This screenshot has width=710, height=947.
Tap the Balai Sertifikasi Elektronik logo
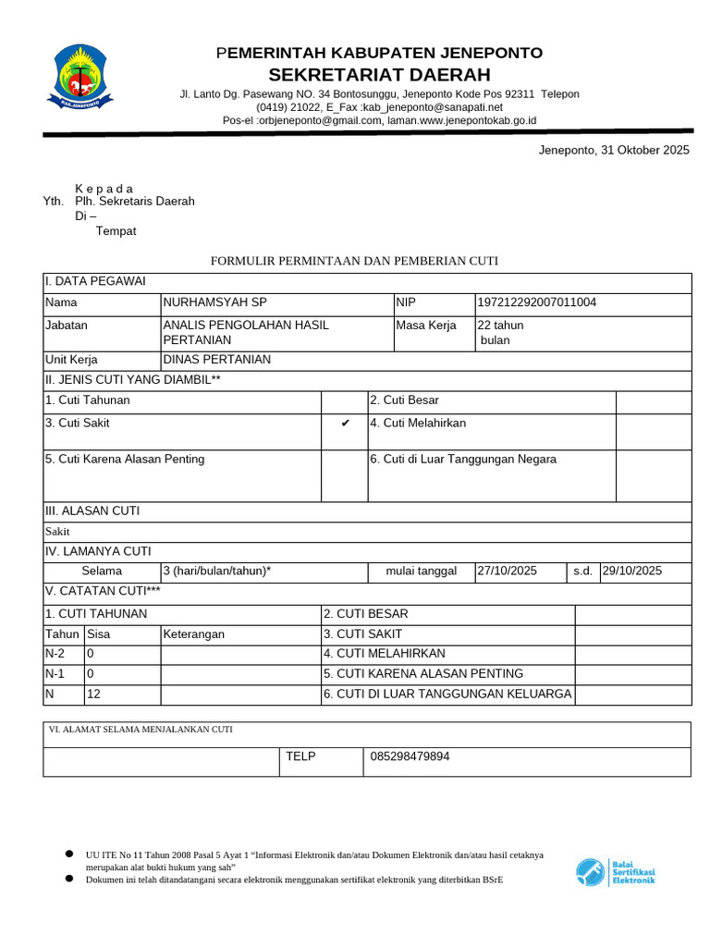click(616, 872)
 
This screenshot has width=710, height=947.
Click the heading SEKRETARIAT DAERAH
click(380, 75)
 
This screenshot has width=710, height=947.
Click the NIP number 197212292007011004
click(537, 302)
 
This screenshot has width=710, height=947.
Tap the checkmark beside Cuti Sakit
click(345, 424)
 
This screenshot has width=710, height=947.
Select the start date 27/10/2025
click(508, 571)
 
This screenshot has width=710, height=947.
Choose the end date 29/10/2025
click(632, 571)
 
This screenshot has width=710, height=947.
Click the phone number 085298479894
click(410, 756)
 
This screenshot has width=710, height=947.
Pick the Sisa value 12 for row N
click(92, 695)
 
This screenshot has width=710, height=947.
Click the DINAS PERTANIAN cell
click(216, 360)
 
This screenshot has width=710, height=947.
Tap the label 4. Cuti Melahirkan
click(418, 424)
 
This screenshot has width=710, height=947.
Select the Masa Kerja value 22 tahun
click(500, 326)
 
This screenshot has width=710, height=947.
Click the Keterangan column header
click(194, 634)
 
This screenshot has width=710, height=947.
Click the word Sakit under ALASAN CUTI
click(57, 532)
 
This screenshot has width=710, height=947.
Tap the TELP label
click(300, 756)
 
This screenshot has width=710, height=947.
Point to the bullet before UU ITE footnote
click(69, 854)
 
